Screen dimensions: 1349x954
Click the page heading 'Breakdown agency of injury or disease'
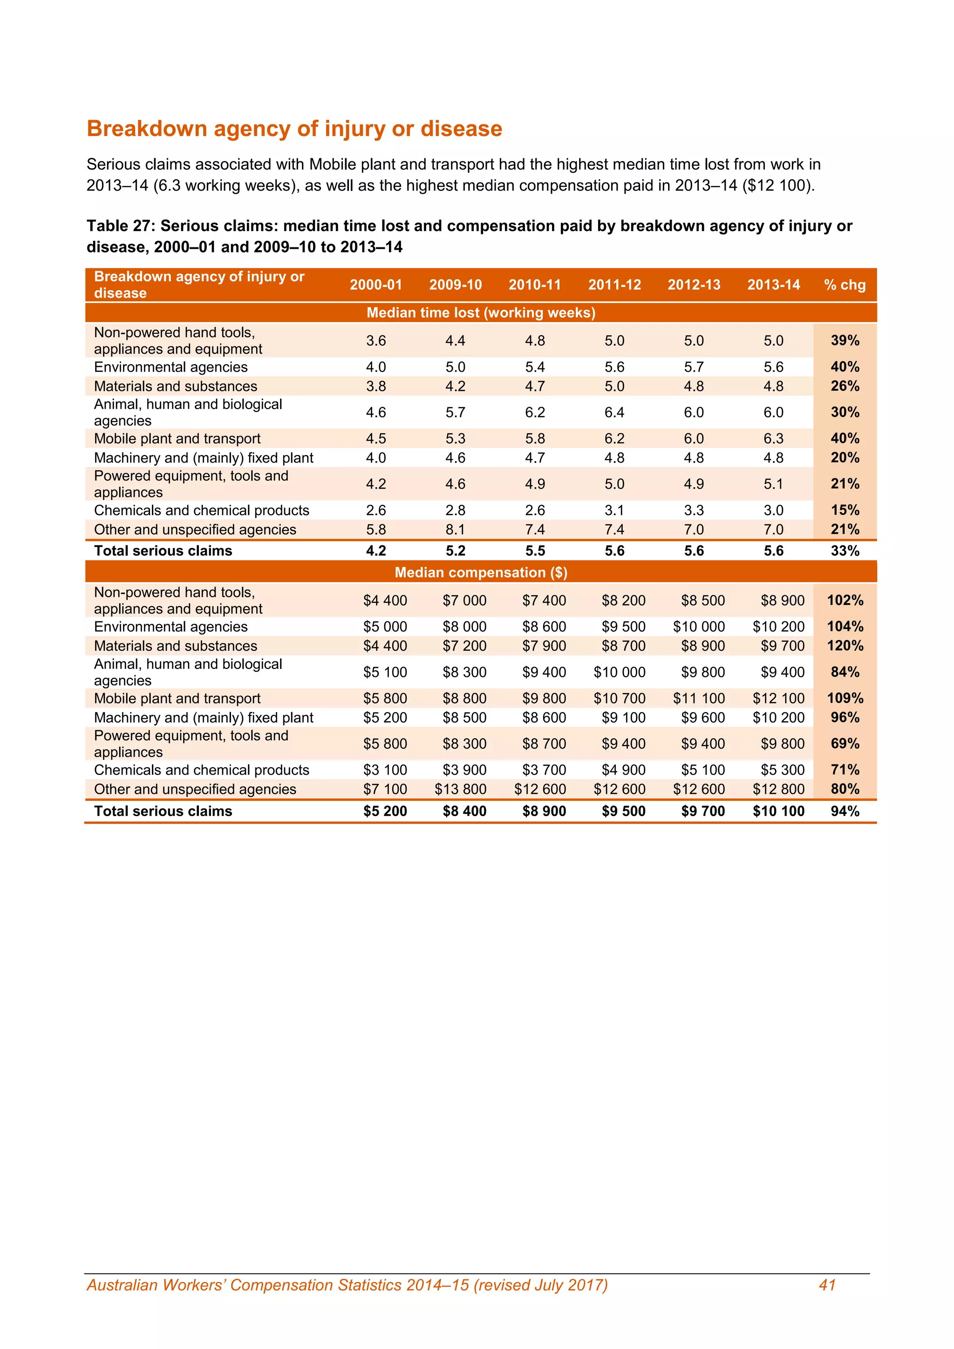[x=294, y=129]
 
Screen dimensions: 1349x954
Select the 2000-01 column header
[x=376, y=285]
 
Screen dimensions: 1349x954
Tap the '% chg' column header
[x=845, y=285]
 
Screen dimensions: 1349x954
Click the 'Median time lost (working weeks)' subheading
[x=481, y=313]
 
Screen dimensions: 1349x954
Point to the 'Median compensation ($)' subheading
[x=481, y=572]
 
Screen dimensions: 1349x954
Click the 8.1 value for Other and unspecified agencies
[x=455, y=529]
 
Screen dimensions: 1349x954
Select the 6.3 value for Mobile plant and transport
[x=773, y=438]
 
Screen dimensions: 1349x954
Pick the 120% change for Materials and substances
[x=845, y=646]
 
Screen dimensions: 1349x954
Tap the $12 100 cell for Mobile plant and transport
[x=778, y=698]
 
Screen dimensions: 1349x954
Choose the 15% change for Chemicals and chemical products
[x=845, y=510]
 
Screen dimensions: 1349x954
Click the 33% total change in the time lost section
[x=845, y=551]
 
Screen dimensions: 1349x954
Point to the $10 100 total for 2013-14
[x=778, y=811]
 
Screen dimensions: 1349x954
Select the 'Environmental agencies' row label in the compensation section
[x=170, y=627]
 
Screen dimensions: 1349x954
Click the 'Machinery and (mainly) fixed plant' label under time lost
[x=203, y=458]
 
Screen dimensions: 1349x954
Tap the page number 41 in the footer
[x=827, y=1285]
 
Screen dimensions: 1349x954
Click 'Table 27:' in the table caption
[x=121, y=226]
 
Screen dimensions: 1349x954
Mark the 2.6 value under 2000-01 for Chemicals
[x=376, y=510]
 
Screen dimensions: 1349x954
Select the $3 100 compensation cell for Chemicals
[x=385, y=770]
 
